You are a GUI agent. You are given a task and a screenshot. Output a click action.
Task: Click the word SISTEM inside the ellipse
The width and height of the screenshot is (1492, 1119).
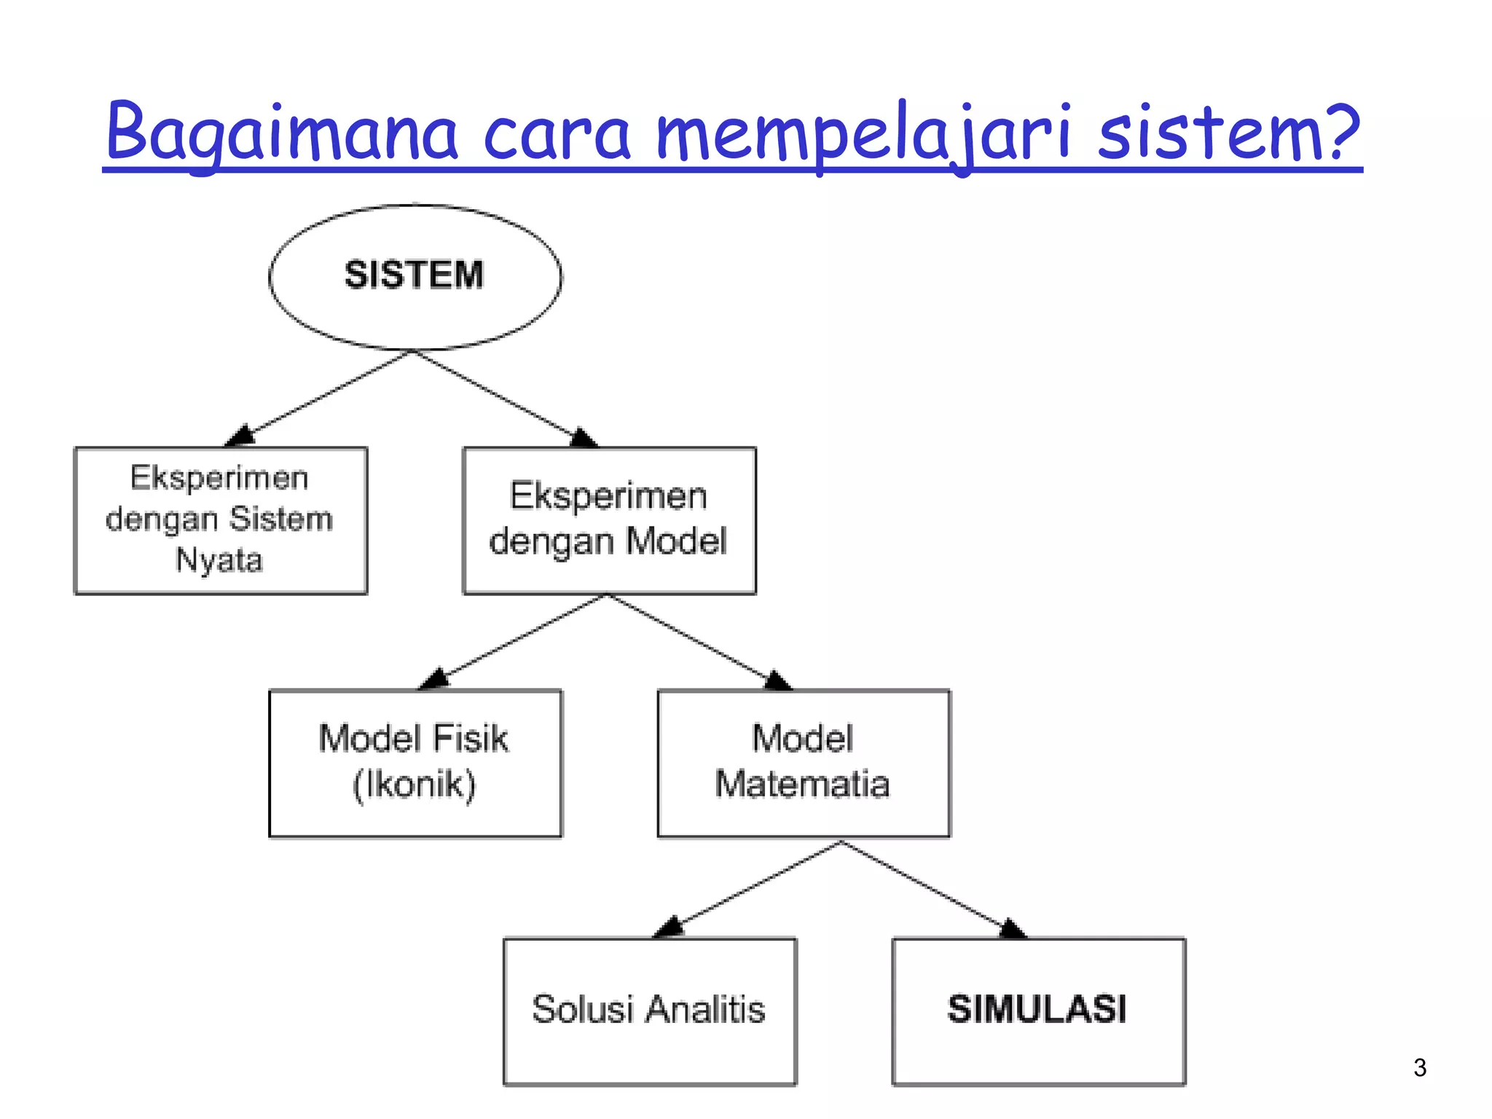tap(414, 275)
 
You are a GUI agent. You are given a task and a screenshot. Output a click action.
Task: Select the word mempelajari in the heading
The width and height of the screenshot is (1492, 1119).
tap(864, 135)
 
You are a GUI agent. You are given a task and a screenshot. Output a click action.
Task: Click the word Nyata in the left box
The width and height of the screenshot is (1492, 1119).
tap(219, 560)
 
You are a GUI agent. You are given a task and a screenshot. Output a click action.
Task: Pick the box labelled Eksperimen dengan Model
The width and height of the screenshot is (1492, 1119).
tap(609, 520)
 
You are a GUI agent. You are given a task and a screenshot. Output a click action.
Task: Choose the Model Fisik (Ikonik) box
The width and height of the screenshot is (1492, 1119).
tap(415, 763)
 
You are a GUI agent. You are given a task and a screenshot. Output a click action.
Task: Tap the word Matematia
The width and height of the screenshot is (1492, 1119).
tap(802, 785)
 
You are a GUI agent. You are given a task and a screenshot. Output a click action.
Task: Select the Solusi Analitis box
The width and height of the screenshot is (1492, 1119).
tap(650, 1011)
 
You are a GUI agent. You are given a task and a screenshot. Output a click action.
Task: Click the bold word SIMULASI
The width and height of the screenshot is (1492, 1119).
tap(1037, 1010)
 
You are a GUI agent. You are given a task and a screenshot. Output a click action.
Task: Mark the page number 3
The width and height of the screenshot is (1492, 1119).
tap(1419, 1067)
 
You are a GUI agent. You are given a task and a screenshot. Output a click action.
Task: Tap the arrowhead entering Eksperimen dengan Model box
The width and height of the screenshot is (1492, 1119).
tap(584, 438)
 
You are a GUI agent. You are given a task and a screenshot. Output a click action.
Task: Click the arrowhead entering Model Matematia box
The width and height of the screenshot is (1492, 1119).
tap(778, 681)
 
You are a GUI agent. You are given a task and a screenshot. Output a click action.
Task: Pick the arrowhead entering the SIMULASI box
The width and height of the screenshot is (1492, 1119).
tap(1013, 929)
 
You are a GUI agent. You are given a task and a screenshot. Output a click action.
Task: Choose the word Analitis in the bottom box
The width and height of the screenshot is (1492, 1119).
tap(705, 1010)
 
